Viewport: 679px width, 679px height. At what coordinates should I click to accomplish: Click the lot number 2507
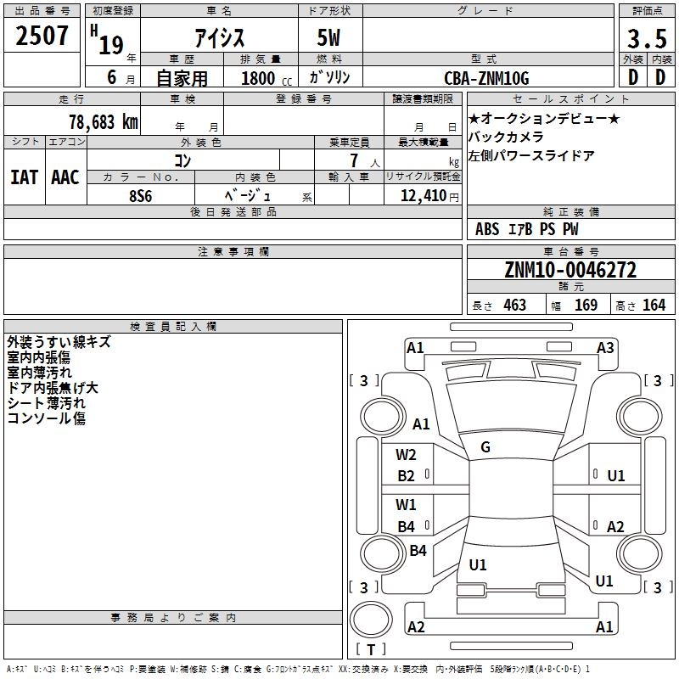click(x=42, y=36)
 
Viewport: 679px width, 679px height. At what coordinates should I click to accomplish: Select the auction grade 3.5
click(x=647, y=39)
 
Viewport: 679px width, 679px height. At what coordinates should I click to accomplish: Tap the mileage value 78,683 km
click(x=104, y=122)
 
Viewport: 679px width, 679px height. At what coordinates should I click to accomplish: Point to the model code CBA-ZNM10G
click(x=486, y=78)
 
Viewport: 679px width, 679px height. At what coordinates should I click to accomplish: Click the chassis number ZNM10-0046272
click(x=570, y=270)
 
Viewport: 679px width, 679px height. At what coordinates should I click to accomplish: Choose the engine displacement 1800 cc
click(x=267, y=78)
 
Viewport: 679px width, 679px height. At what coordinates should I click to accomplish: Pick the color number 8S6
click(x=141, y=196)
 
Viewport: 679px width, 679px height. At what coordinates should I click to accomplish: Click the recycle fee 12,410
click(x=423, y=196)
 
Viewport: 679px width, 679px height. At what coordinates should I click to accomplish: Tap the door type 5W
click(x=328, y=37)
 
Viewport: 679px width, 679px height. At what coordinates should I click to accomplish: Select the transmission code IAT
click(x=24, y=177)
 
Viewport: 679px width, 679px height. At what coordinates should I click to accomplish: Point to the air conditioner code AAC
click(x=65, y=177)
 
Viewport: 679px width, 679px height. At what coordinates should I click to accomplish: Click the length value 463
click(x=515, y=305)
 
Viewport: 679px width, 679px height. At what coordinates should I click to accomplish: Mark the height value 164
click(x=654, y=305)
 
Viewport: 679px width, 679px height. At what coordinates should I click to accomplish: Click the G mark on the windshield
click(x=485, y=447)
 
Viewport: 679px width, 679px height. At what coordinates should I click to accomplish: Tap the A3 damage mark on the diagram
click(x=605, y=348)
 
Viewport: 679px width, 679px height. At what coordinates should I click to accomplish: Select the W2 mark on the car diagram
click(x=406, y=455)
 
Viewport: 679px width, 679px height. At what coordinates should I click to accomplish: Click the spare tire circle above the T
click(x=371, y=619)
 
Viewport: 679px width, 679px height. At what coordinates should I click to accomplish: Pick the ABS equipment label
click(x=487, y=229)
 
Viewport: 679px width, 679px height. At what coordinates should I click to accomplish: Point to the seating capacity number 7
click(x=354, y=160)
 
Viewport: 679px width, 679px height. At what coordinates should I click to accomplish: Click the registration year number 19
click(x=111, y=45)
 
